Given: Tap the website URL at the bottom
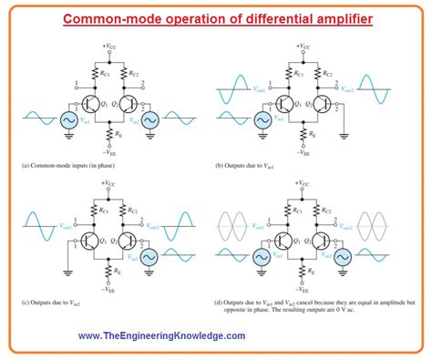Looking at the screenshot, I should (x=161, y=336).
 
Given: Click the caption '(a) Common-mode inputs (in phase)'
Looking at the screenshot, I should (x=69, y=166).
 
